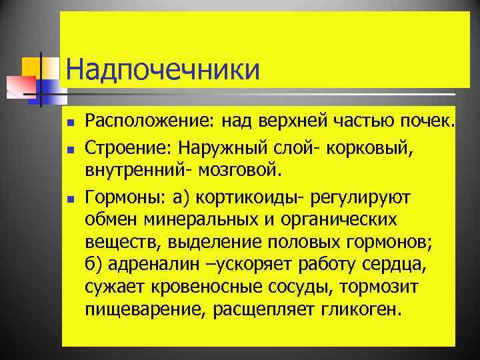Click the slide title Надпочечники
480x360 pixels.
click(163, 70)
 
